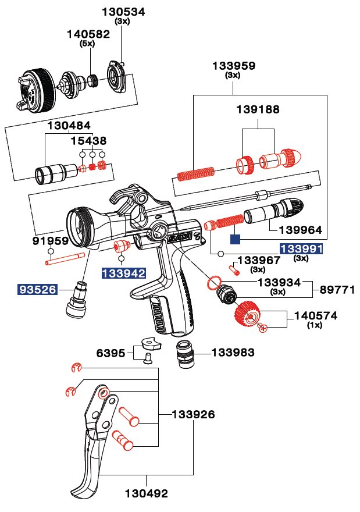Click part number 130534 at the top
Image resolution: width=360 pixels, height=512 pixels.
(123, 12)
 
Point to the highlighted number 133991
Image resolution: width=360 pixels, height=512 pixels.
(301, 248)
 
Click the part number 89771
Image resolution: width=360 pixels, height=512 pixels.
(337, 289)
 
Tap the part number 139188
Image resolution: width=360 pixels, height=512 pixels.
(258, 109)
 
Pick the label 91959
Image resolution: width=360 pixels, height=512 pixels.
(51, 241)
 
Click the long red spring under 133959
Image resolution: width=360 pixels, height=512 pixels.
(195, 173)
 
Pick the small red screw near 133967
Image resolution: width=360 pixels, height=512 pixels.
(236, 269)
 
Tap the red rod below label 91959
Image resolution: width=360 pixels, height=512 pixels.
(65, 258)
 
